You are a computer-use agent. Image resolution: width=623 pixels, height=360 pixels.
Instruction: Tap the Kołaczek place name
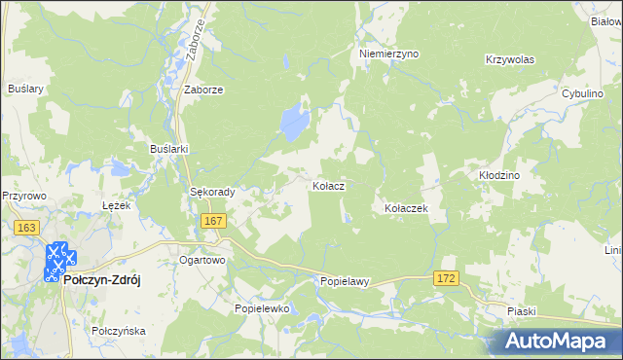click(407, 208)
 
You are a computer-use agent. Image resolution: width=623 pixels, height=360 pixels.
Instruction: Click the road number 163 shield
click(26, 228)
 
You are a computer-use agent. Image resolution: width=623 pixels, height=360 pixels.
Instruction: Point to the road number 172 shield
click(446, 278)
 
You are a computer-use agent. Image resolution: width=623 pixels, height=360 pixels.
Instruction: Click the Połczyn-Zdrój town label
click(102, 279)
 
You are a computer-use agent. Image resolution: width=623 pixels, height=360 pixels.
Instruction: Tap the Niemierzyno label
click(388, 54)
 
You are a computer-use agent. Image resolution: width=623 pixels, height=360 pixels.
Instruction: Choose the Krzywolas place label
click(510, 59)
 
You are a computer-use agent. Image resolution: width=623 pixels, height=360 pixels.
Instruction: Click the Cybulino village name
click(585, 93)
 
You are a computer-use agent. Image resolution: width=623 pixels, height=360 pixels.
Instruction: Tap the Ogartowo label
click(202, 261)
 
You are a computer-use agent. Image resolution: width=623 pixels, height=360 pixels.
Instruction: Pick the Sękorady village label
click(212, 193)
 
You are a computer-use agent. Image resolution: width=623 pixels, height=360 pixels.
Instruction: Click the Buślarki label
click(168, 148)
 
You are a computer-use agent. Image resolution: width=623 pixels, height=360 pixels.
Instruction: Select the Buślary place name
click(26, 89)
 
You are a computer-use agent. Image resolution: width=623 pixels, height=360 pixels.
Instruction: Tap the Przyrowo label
click(24, 195)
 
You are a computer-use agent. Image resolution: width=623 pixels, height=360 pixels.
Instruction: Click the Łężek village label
click(117, 206)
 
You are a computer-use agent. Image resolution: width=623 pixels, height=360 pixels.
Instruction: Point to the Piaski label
click(522, 310)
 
